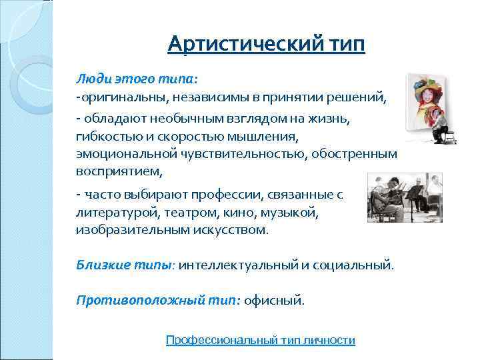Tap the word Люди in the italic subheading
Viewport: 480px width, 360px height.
coord(91,78)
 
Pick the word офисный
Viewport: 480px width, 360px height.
coord(274,300)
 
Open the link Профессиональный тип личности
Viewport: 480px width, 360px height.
coord(260,340)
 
